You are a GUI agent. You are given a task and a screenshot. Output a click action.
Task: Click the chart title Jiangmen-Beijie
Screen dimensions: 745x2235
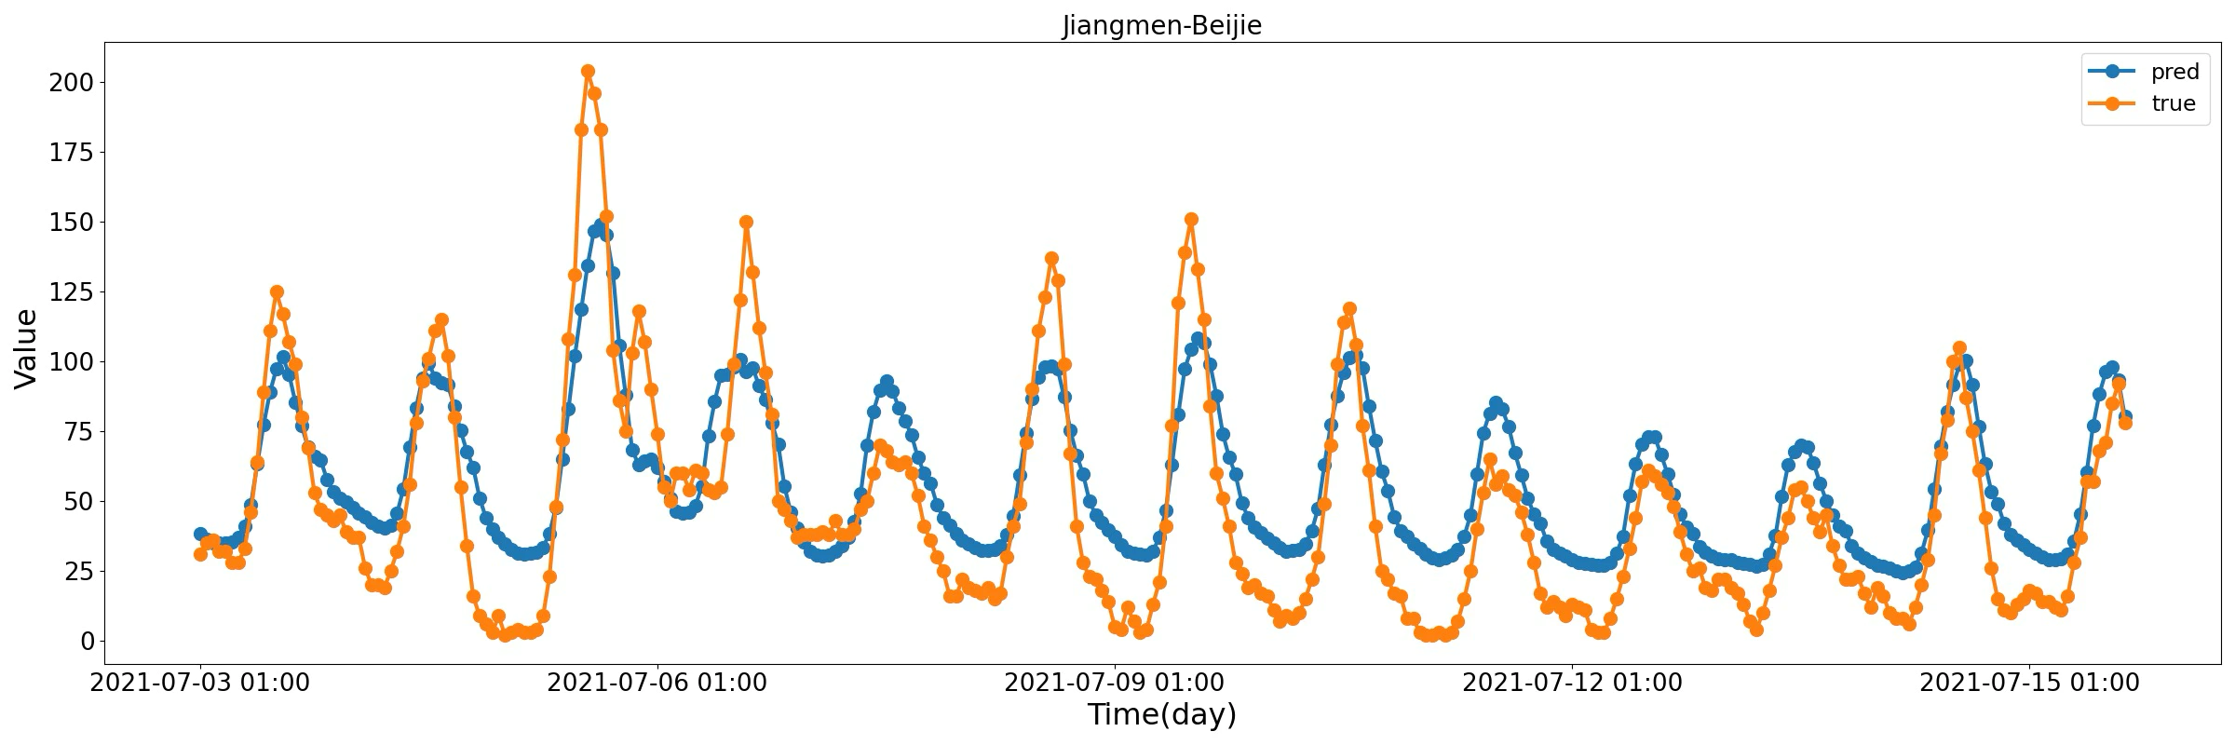1161,25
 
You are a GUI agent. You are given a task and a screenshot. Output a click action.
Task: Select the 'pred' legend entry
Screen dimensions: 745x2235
2174,72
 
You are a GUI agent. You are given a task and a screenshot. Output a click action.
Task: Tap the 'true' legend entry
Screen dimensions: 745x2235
2174,103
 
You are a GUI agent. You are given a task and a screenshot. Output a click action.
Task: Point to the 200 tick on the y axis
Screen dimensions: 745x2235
72,83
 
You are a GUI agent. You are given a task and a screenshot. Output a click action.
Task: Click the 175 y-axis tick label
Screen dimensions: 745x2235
72,153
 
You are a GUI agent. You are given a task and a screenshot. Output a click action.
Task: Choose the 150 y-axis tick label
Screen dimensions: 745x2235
72,223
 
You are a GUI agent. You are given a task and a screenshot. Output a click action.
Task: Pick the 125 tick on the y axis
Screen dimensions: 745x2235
72,292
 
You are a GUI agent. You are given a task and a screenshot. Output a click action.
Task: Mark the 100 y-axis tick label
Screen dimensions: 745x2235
72,362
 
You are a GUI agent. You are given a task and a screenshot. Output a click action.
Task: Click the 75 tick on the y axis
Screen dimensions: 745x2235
78,432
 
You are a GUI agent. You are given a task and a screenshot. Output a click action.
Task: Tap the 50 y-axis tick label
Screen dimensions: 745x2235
78,502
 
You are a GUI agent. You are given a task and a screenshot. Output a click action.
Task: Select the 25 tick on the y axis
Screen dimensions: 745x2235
78,572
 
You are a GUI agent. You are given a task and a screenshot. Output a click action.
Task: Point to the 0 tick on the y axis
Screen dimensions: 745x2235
87,642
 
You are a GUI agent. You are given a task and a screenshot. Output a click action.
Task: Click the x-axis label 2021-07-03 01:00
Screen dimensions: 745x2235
200,683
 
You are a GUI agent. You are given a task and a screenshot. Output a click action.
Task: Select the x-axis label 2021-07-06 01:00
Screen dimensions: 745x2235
657,683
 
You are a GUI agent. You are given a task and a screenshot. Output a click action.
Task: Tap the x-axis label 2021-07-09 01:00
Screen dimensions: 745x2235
1115,683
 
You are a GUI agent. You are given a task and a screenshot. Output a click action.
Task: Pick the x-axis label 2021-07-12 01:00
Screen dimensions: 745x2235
1573,683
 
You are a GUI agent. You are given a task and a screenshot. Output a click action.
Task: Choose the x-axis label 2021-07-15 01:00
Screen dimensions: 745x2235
2030,683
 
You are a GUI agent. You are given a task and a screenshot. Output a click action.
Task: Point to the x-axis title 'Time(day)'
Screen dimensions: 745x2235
1161,715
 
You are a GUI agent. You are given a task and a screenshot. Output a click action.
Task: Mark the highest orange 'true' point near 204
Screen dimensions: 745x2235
588,72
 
